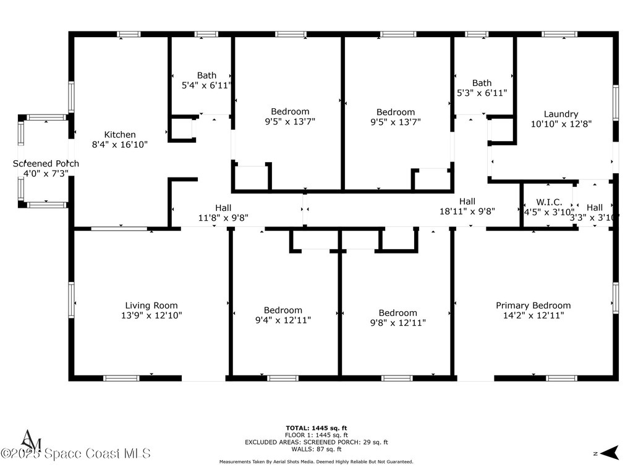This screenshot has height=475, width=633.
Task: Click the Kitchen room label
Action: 120,135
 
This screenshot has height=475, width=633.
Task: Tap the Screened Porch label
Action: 46,164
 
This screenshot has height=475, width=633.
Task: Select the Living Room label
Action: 151,306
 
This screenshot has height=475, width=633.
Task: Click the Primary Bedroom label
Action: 533,306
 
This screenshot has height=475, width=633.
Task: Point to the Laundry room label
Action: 561,114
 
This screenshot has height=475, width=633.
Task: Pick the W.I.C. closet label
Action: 549,202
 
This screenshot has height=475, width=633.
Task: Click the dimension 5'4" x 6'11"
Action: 206,85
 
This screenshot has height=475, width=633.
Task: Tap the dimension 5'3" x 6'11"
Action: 482,93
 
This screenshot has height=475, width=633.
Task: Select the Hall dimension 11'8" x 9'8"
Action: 223,218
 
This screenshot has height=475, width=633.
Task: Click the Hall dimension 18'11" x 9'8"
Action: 467,211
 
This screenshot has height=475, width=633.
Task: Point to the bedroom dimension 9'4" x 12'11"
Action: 283,320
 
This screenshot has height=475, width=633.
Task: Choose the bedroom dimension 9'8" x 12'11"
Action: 398,323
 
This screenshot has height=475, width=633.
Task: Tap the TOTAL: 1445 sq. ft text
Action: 316,428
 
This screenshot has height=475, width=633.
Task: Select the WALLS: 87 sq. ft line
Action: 316,449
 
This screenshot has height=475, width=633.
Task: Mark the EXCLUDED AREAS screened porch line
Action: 316,442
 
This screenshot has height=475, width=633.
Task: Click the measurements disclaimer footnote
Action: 316,462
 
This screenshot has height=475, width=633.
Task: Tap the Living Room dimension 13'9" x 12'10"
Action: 151,315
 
